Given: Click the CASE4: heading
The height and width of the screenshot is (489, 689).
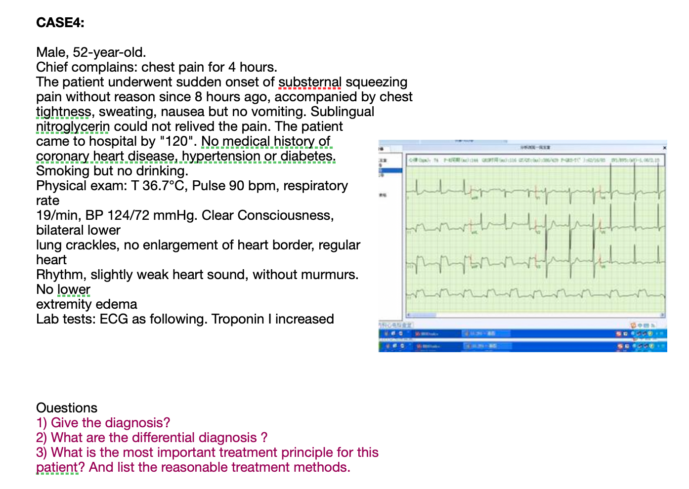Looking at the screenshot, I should click(60, 23).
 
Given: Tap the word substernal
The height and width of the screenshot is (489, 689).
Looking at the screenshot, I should click(310, 82).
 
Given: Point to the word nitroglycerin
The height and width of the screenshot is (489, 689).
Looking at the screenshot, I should click(73, 126).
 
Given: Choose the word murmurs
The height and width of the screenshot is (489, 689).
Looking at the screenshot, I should click(330, 275).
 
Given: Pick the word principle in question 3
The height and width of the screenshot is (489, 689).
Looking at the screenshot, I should click(250, 452).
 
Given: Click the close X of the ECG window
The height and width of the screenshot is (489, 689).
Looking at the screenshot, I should click(664, 147).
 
